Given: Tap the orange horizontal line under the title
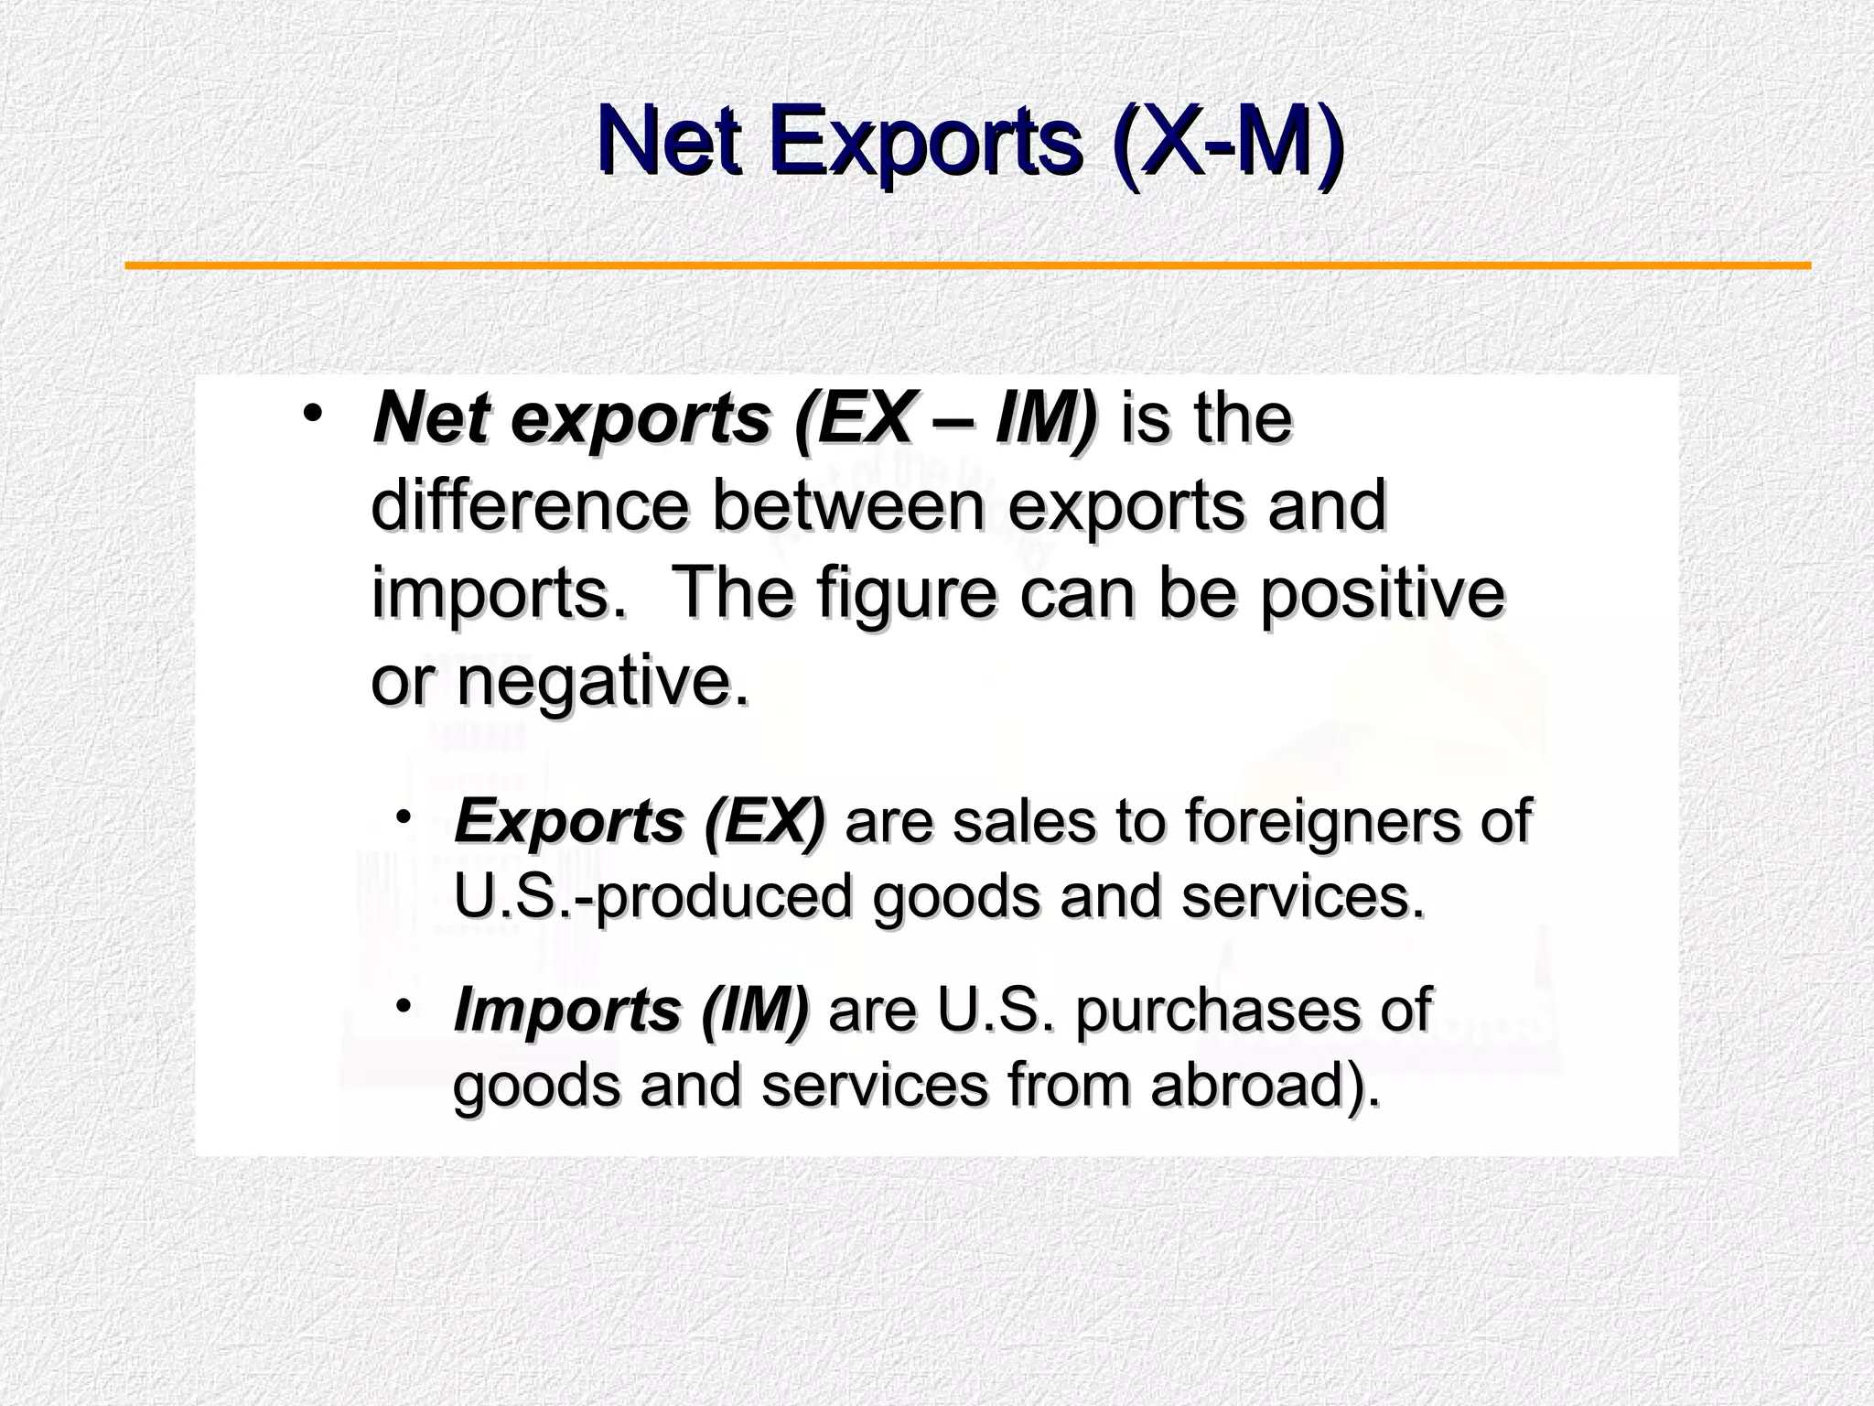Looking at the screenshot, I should (x=967, y=266).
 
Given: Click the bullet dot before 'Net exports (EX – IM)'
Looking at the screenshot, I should (x=313, y=413).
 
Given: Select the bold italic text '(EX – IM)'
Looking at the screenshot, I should (x=945, y=418).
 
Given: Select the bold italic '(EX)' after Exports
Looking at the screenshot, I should (x=765, y=820).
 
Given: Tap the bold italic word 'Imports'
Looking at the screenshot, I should (x=567, y=1010).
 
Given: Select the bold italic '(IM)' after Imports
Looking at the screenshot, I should (x=755, y=1010).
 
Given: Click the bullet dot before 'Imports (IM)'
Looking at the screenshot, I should (x=403, y=1004).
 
